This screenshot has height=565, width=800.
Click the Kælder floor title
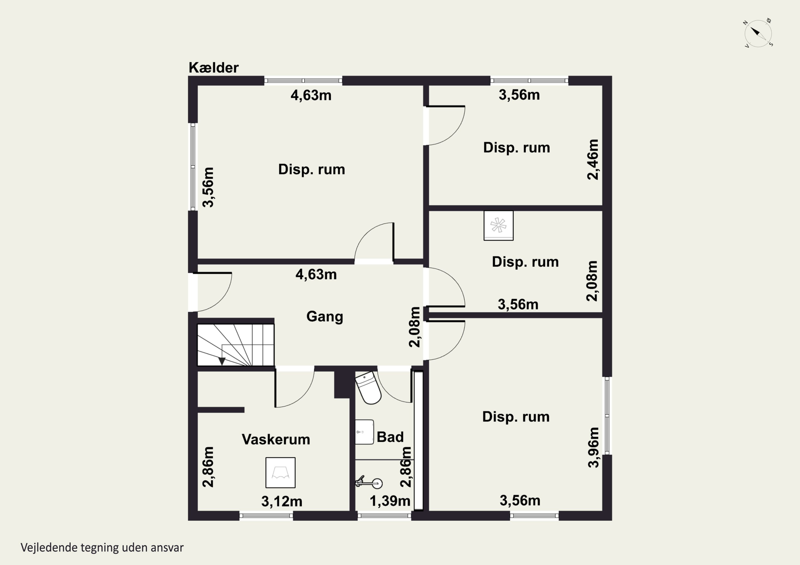click(x=214, y=68)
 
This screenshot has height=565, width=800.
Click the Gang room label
click(x=325, y=317)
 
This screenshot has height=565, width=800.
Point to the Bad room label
click(x=390, y=437)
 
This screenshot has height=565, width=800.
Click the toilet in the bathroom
click(x=369, y=388)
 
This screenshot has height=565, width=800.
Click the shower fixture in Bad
click(x=369, y=483)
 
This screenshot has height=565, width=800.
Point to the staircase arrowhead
click(x=222, y=361)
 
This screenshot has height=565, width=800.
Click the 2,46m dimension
click(x=593, y=160)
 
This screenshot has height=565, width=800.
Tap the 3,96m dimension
click(x=593, y=447)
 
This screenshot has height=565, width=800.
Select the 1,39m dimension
click(x=390, y=501)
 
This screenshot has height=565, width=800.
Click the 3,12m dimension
click(x=282, y=501)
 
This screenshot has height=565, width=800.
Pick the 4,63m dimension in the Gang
click(x=316, y=274)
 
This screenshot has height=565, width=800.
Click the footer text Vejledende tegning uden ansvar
click(x=102, y=548)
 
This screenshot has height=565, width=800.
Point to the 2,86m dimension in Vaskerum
click(x=208, y=467)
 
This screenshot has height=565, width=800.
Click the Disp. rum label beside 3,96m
click(x=516, y=417)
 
